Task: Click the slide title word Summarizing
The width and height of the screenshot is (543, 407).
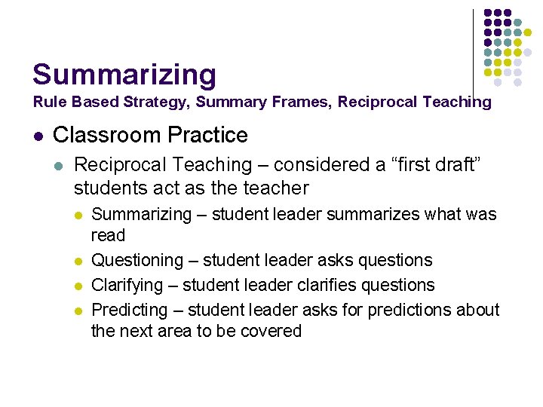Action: point(124,75)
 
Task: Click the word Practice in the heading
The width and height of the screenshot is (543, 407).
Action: point(212,136)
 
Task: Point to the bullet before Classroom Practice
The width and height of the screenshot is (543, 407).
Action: point(37,136)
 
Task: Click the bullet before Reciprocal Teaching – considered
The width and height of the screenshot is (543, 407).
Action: point(59,165)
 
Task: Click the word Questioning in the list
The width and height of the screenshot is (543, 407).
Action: point(137,261)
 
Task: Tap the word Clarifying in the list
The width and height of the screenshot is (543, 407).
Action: point(127,286)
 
